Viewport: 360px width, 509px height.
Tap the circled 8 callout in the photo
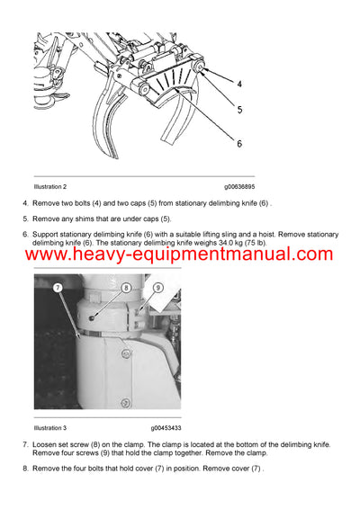point(127,289)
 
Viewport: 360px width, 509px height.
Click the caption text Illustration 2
point(50,186)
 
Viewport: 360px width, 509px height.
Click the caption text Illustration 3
point(50,427)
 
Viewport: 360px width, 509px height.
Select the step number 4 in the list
point(25,204)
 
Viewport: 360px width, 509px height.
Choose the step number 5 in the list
point(25,219)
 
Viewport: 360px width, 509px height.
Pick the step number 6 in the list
point(25,234)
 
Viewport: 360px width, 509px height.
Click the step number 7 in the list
point(25,445)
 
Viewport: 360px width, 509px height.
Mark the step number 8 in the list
point(25,468)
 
